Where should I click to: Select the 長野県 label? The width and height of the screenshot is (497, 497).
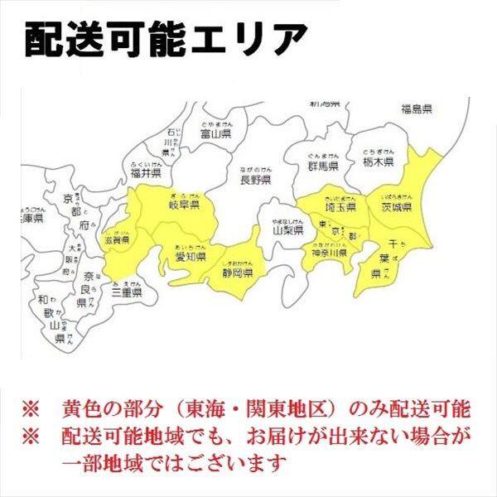click(x=256, y=178)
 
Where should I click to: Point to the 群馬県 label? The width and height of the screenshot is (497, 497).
click(x=320, y=166)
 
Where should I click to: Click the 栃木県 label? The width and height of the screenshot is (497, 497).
click(x=378, y=163)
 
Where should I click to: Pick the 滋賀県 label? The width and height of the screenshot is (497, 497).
click(x=118, y=240)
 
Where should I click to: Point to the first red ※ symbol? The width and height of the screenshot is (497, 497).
click(x=31, y=409)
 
